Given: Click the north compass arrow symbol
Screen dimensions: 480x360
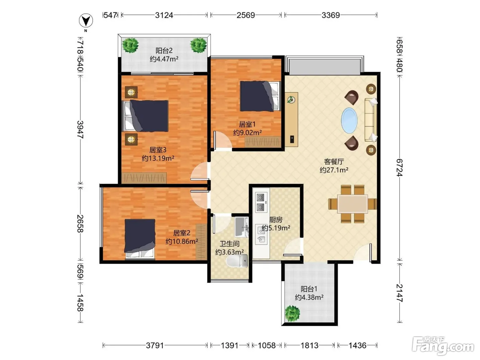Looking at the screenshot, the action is [86, 21].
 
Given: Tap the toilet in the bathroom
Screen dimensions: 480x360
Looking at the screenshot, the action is [237, 261].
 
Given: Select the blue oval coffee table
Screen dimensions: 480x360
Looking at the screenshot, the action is [349, 120].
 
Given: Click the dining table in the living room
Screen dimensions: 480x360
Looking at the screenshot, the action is [352, 204].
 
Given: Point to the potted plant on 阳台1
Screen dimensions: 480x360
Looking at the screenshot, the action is [292, 313].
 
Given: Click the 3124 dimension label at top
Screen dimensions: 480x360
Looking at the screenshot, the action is [164, 15].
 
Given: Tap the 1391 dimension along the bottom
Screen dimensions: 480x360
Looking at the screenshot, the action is [229, 346].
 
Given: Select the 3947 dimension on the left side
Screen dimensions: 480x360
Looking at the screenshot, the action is [80, 129].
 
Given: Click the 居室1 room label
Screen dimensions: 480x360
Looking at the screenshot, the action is [247, 124].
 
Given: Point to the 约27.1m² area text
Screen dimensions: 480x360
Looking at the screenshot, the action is [334, 170].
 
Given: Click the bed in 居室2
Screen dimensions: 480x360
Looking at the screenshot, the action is [140, 239].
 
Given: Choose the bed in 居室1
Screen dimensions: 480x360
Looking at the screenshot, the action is [260, 96].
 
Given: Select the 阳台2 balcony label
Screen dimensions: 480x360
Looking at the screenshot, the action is [164, 51].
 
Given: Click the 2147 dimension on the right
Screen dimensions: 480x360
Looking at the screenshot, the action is [399, 293].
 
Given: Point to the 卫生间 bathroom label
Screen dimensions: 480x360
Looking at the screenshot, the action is [229, 243].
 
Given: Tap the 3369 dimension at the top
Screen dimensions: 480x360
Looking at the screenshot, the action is [331, 15].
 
